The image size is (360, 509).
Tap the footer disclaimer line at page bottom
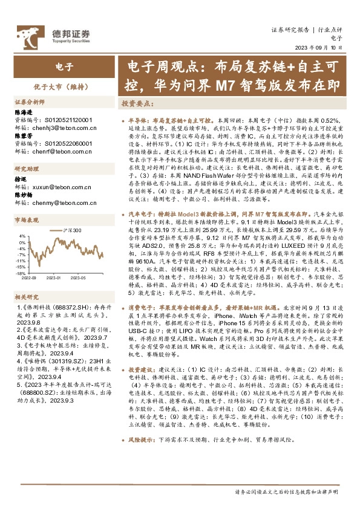[x=289, y=491]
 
